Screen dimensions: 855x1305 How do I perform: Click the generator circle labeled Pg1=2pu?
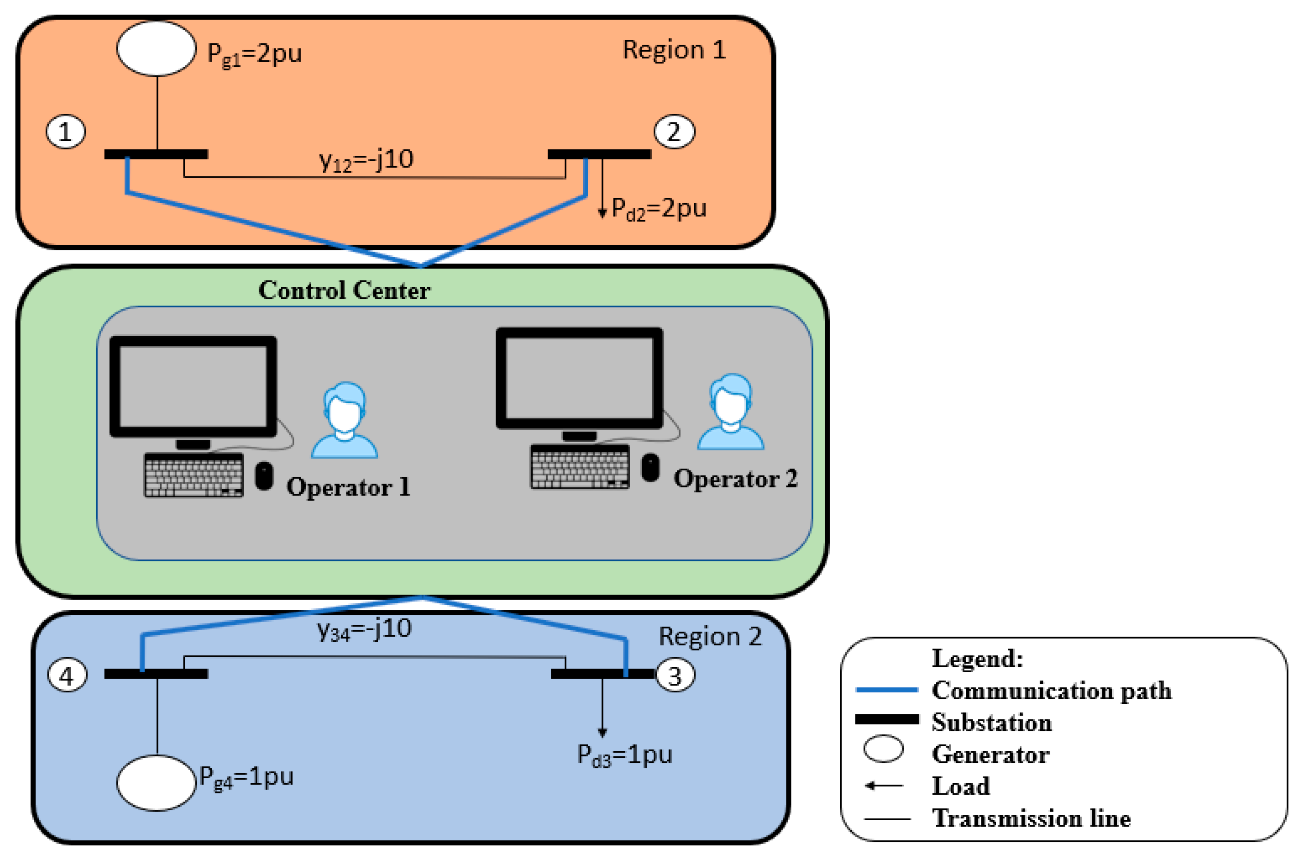point(156,48)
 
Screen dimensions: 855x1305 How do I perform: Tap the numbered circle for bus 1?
point(65,132)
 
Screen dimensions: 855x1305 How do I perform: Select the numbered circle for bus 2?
point(674,132)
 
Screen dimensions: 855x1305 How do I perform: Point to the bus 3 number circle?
point(675,676)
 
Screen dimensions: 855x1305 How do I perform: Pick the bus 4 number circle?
point(67,676)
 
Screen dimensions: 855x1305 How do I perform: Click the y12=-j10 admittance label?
point(366,160)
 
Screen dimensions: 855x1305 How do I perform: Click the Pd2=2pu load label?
point(658,209)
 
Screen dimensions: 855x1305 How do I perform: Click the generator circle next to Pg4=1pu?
point(156,783)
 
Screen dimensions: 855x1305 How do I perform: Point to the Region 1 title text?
point(674,50)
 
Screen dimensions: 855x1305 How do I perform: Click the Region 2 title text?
point(710,637)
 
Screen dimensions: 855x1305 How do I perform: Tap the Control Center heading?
point(344,290)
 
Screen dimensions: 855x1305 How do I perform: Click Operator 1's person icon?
point(344,421)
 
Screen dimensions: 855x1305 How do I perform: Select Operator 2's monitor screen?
point(579,378)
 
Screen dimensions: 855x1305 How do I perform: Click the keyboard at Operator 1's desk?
point(194,475)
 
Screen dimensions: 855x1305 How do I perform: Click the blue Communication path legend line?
point(886,690)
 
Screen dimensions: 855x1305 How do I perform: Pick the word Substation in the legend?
point(991,722)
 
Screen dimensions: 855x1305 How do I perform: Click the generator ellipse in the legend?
point(883,749)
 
